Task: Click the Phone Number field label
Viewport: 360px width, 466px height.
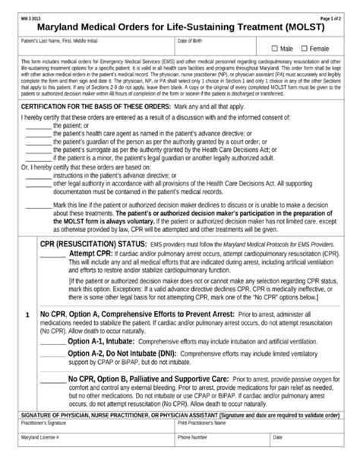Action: pyautogui.click(x=196, y=439)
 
